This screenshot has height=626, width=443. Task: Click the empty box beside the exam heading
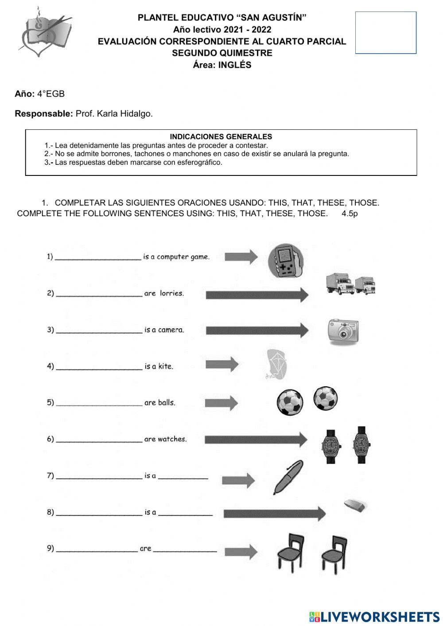click(x=385, y=33)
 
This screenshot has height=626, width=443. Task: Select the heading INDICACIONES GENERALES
click(x=221, y=137)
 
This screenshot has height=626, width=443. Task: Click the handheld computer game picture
click(x=286, y=261)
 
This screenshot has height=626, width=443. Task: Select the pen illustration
click(x=288, y=477)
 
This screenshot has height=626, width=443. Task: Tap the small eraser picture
click(x=356, y=505)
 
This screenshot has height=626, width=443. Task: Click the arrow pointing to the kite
click(x=221, y=365)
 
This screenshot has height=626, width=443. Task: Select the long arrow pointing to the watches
click(x=256, y=439)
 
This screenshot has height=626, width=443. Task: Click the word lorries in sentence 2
click(x=171, y=293)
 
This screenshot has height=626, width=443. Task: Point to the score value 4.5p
click(x=350, y=214)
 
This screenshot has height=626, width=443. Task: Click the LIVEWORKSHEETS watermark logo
click(x=374, y=617)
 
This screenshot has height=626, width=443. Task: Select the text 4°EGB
click(x=51, y=94)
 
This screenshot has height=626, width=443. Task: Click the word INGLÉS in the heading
click(x=235, y=65)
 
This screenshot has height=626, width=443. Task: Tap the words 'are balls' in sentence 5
click(x=159, y=403)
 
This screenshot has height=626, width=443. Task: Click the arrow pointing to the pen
click(x=238, y=480)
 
